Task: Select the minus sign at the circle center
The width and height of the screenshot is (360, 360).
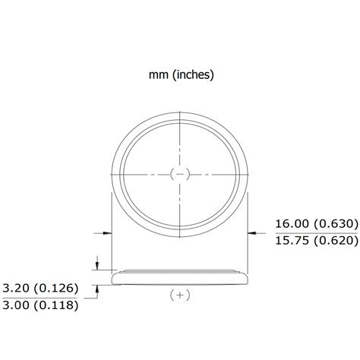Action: click(179, 174)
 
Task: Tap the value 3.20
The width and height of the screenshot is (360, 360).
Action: click(17, 289)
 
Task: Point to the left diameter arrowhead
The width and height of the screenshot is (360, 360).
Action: click(107, 232)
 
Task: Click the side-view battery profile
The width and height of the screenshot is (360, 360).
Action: click(179, 277)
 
